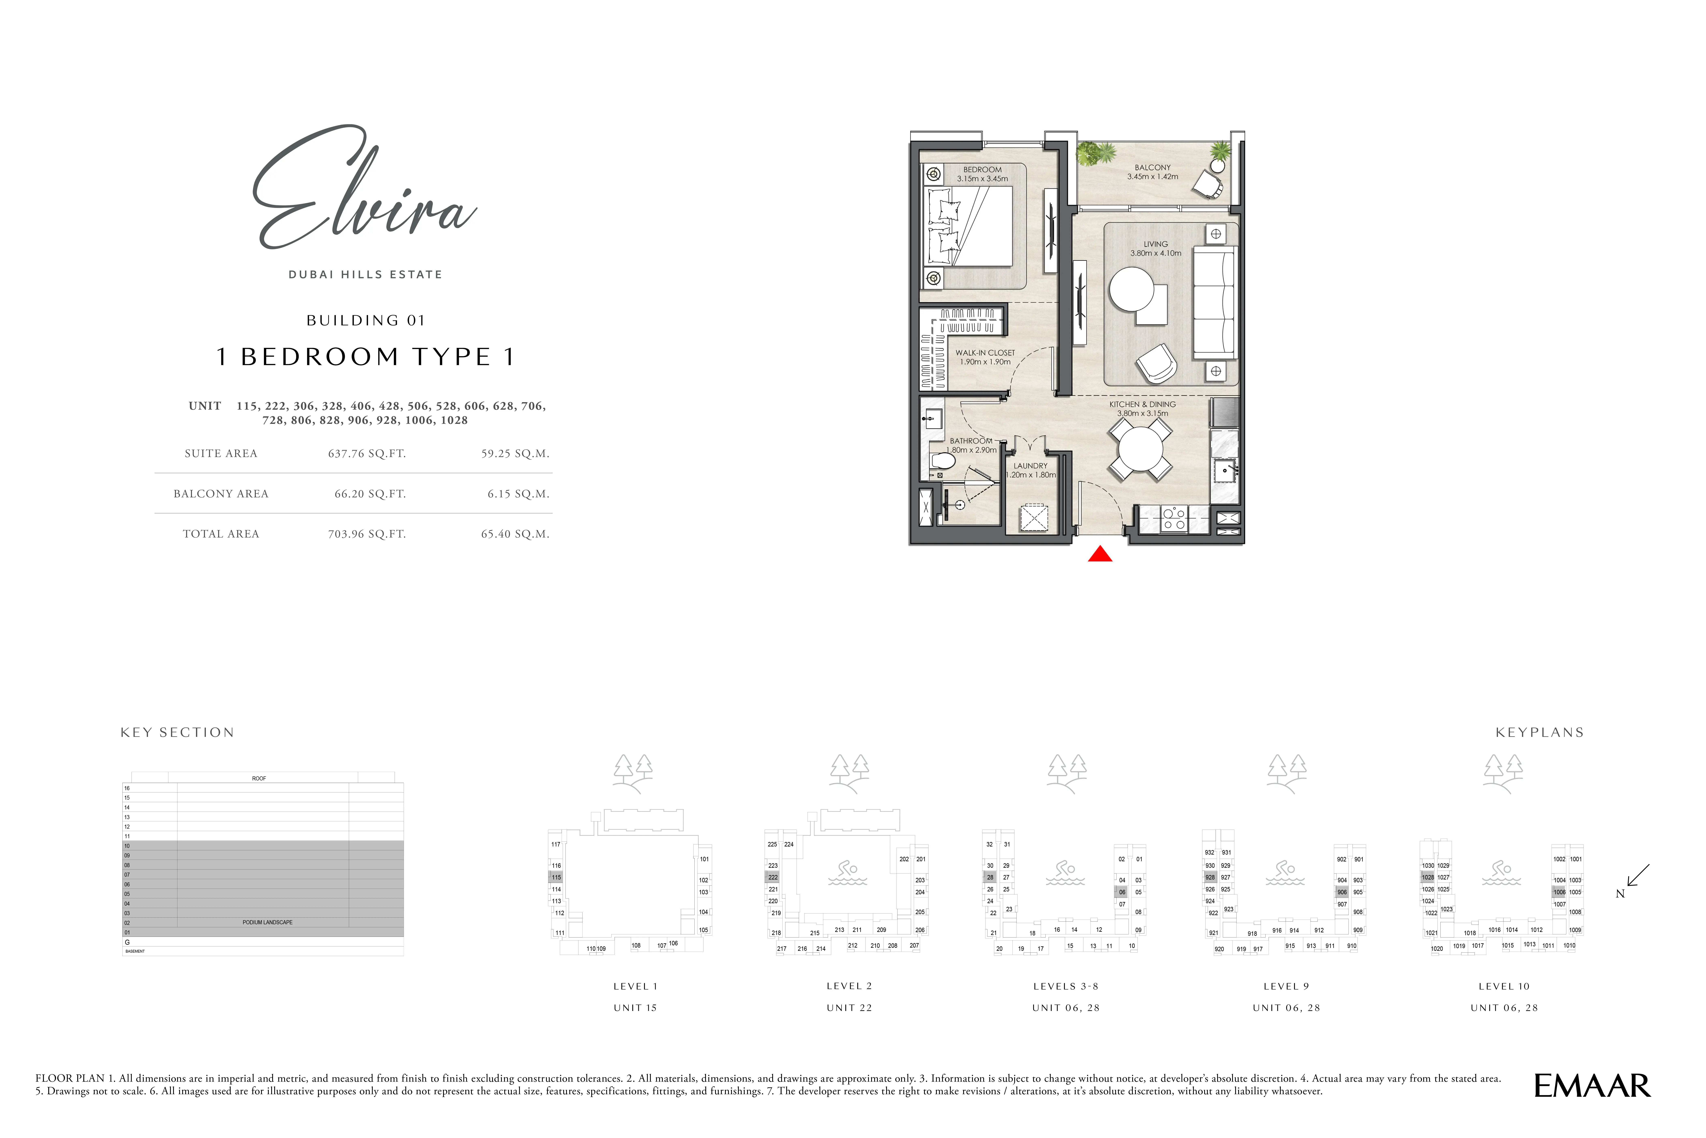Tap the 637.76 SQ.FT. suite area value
tap(367, 454)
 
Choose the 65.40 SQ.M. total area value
tap(515, 534)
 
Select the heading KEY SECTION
tap(177, 732)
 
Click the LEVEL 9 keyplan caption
tap(1286, 986)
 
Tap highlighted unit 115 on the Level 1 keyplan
tap(556, 877)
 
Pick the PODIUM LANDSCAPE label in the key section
tap(267, 922)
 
